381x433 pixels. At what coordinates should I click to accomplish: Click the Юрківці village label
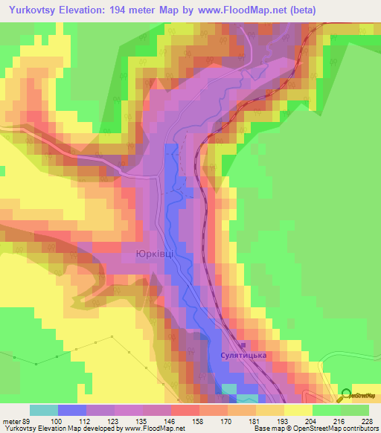pos(156,254)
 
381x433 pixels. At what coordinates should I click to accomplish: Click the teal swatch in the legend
pos(44,410)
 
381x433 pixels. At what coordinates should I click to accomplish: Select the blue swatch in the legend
pos(72,410)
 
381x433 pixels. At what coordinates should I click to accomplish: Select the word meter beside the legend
pos(11,420)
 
